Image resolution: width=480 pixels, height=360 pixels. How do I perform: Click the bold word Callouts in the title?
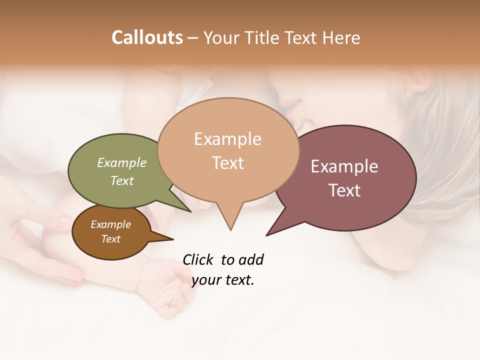pos(147,37)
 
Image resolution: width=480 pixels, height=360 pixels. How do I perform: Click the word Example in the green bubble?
pos(122,162)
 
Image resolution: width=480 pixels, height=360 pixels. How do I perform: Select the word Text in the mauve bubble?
pos(344,190)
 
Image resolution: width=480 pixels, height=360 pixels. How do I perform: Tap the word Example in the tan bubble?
pos(227,139)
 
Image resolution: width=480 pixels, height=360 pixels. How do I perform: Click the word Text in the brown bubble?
pos(111,239)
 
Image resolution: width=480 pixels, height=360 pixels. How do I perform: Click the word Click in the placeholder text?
pos(198,259)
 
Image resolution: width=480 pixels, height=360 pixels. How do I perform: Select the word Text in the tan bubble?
pos(228,163)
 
